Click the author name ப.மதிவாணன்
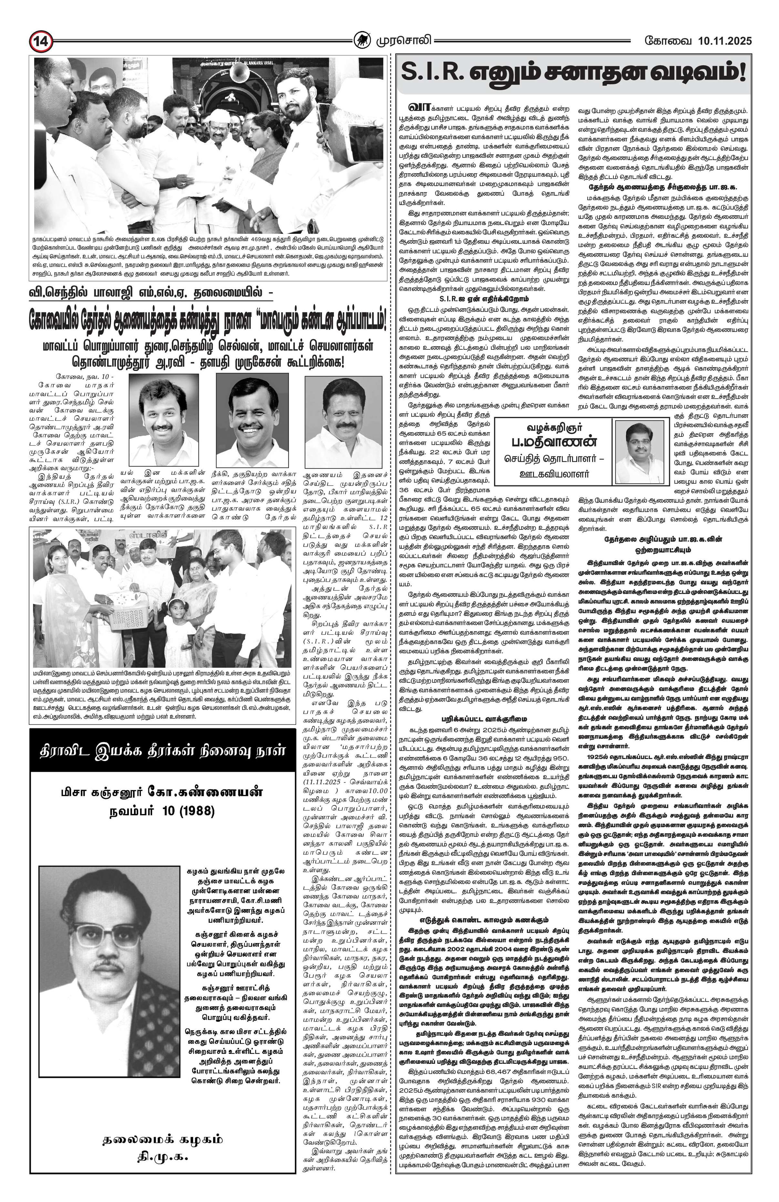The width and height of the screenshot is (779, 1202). pyautogui.click(x=553, y=441)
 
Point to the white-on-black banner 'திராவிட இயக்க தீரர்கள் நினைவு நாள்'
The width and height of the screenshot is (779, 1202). pyautogui.click(x=163, y=751)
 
